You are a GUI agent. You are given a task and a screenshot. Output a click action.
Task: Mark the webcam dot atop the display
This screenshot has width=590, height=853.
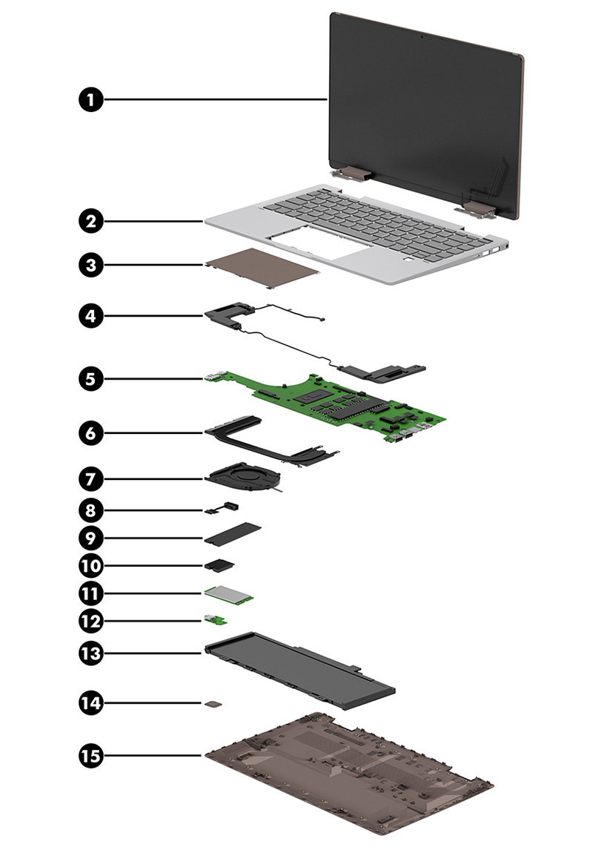point(421,35)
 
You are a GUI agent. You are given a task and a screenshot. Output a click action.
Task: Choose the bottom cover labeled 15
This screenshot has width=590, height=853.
point(348,775)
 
